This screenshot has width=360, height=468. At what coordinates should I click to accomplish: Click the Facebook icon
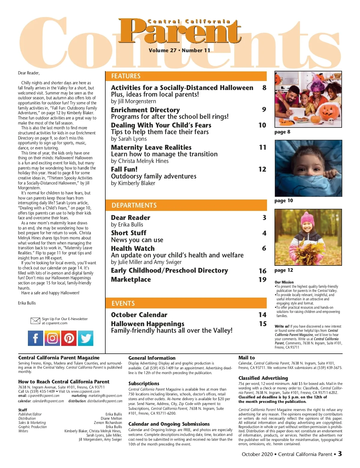click(35, 338)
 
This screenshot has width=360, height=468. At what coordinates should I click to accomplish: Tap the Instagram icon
click(52, 338)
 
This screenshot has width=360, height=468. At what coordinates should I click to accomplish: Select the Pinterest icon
click(69, 338)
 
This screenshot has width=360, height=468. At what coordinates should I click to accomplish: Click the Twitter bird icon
click(86, 338)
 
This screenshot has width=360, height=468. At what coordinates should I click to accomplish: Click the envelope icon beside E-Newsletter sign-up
click(35, 321)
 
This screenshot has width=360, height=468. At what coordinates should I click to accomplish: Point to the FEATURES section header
click(126, 76)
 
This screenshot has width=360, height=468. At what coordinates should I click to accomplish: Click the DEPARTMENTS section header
click(134, 205)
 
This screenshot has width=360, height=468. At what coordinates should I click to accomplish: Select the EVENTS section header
click(123, 303)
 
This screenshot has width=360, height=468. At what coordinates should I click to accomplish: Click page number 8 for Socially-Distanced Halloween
click(264, 88)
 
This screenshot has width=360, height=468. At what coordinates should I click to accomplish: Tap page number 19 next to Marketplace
click(262, 280)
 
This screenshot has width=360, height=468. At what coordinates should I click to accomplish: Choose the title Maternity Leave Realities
click(151, 147)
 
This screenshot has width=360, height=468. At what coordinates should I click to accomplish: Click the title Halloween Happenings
click(148, 324)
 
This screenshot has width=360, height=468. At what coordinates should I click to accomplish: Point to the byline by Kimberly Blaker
click(133, 183)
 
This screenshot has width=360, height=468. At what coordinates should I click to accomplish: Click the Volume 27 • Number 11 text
click(179, 50)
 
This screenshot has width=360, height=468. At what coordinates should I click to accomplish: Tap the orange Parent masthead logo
click(180, 31)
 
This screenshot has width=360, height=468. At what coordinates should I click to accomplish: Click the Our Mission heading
click(284, 282)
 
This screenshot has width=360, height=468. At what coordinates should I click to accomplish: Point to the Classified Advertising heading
click(263, 378)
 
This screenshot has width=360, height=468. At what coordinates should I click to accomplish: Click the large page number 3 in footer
click(340, 454)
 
